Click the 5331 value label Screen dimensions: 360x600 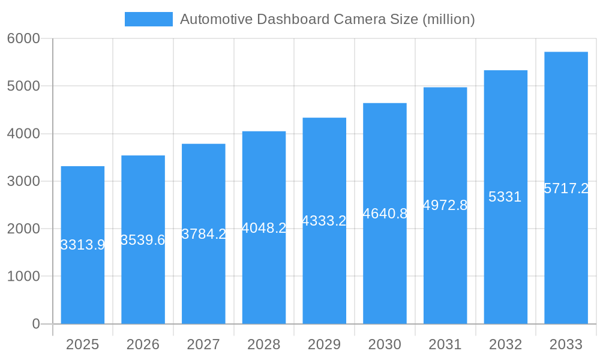[x=505, y=197]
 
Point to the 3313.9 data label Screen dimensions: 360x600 [x=83, y=245]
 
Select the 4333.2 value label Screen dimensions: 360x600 [x=324, y=221]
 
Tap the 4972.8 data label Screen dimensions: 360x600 [x=445, y=205]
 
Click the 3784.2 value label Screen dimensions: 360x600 [x=203, y=234]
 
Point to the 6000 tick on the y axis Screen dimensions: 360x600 [x=23, y=38]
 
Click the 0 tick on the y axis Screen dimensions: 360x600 [x=35, y=324]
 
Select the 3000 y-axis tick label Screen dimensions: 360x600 [x=23, y=181]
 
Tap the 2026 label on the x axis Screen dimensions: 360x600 [x=143, y=344]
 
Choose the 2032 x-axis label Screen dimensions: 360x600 [x=505, y=344]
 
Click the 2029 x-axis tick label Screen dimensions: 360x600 [x=324, y=344]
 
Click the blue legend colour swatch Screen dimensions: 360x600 [x=148, y=19]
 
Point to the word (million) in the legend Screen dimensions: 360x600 [x=449, y=19]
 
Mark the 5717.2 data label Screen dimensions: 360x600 [x=566, y=188]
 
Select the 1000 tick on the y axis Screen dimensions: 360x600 [x=23, y=277]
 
